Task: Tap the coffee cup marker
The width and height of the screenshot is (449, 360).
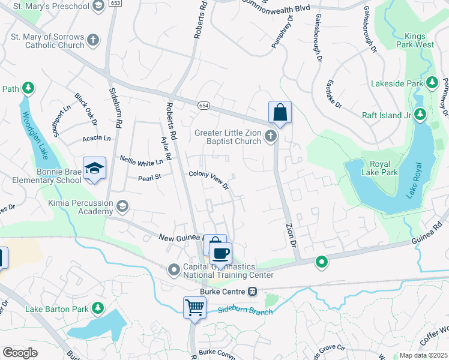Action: (x=220, y=253)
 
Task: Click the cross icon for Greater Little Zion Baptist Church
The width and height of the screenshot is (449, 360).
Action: (x=271, y=137)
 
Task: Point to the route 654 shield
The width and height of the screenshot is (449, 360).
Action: (x=205, y=105)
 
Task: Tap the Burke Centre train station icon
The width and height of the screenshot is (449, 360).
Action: (x=253, y=292)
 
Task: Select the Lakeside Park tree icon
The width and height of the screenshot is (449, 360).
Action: (x=432, y=82)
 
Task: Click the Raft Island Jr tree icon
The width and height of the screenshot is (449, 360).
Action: (x=420, y=113)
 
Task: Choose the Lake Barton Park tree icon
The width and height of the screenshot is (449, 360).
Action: (x=98, y=308)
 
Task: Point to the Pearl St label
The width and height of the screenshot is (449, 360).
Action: (x=150, y=178)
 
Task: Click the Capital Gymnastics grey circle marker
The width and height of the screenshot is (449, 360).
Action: (x=175, y=269)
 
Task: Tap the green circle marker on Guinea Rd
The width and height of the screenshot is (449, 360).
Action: (x=322, y=262)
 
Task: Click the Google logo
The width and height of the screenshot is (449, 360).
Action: (x=20, y=353)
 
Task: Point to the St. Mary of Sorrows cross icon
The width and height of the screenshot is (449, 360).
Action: (x=92, y=40)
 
